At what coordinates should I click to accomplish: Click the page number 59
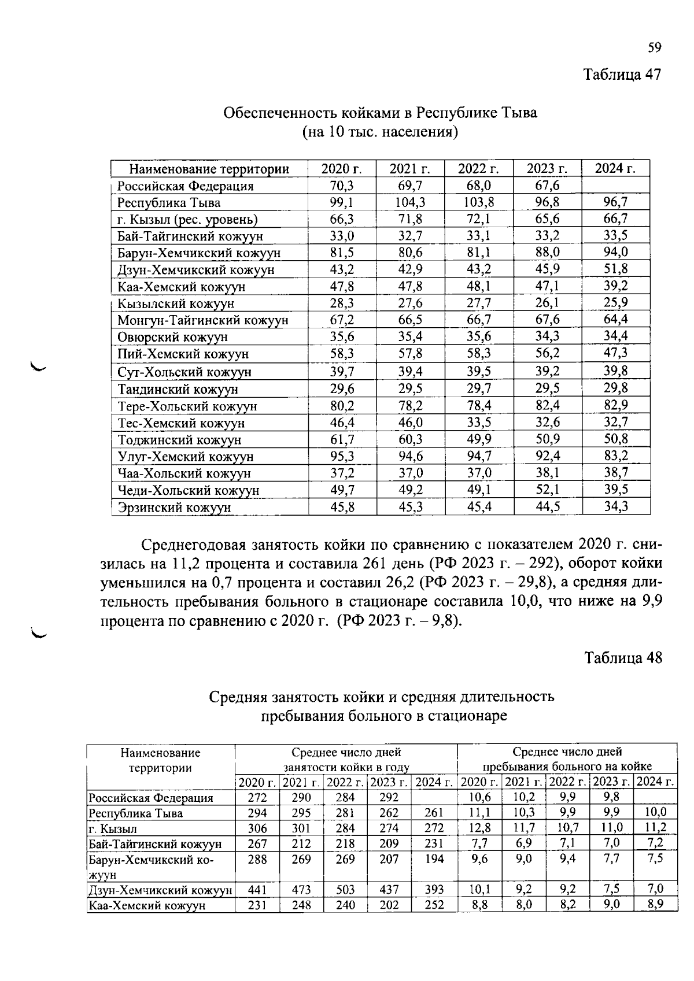coord(654,48)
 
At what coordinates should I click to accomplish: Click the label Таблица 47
coord(621,75)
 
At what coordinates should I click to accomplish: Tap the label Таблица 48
coord(622,658)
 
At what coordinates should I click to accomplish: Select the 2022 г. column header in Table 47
coord(478,169)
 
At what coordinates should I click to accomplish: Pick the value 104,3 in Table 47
coord(410,202)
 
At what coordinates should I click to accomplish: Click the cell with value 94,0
coord(615,252)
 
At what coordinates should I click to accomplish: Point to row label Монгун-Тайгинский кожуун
coord(202,320)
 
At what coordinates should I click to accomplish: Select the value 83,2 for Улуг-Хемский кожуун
coord(615,456)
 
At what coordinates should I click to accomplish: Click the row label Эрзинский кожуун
coord(174,508)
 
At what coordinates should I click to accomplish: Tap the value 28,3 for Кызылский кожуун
coord(342,303)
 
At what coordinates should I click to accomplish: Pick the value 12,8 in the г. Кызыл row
coord(480,828)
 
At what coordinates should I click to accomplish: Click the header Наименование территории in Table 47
coord(209,169)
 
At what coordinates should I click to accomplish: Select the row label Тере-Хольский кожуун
coord(187,406)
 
